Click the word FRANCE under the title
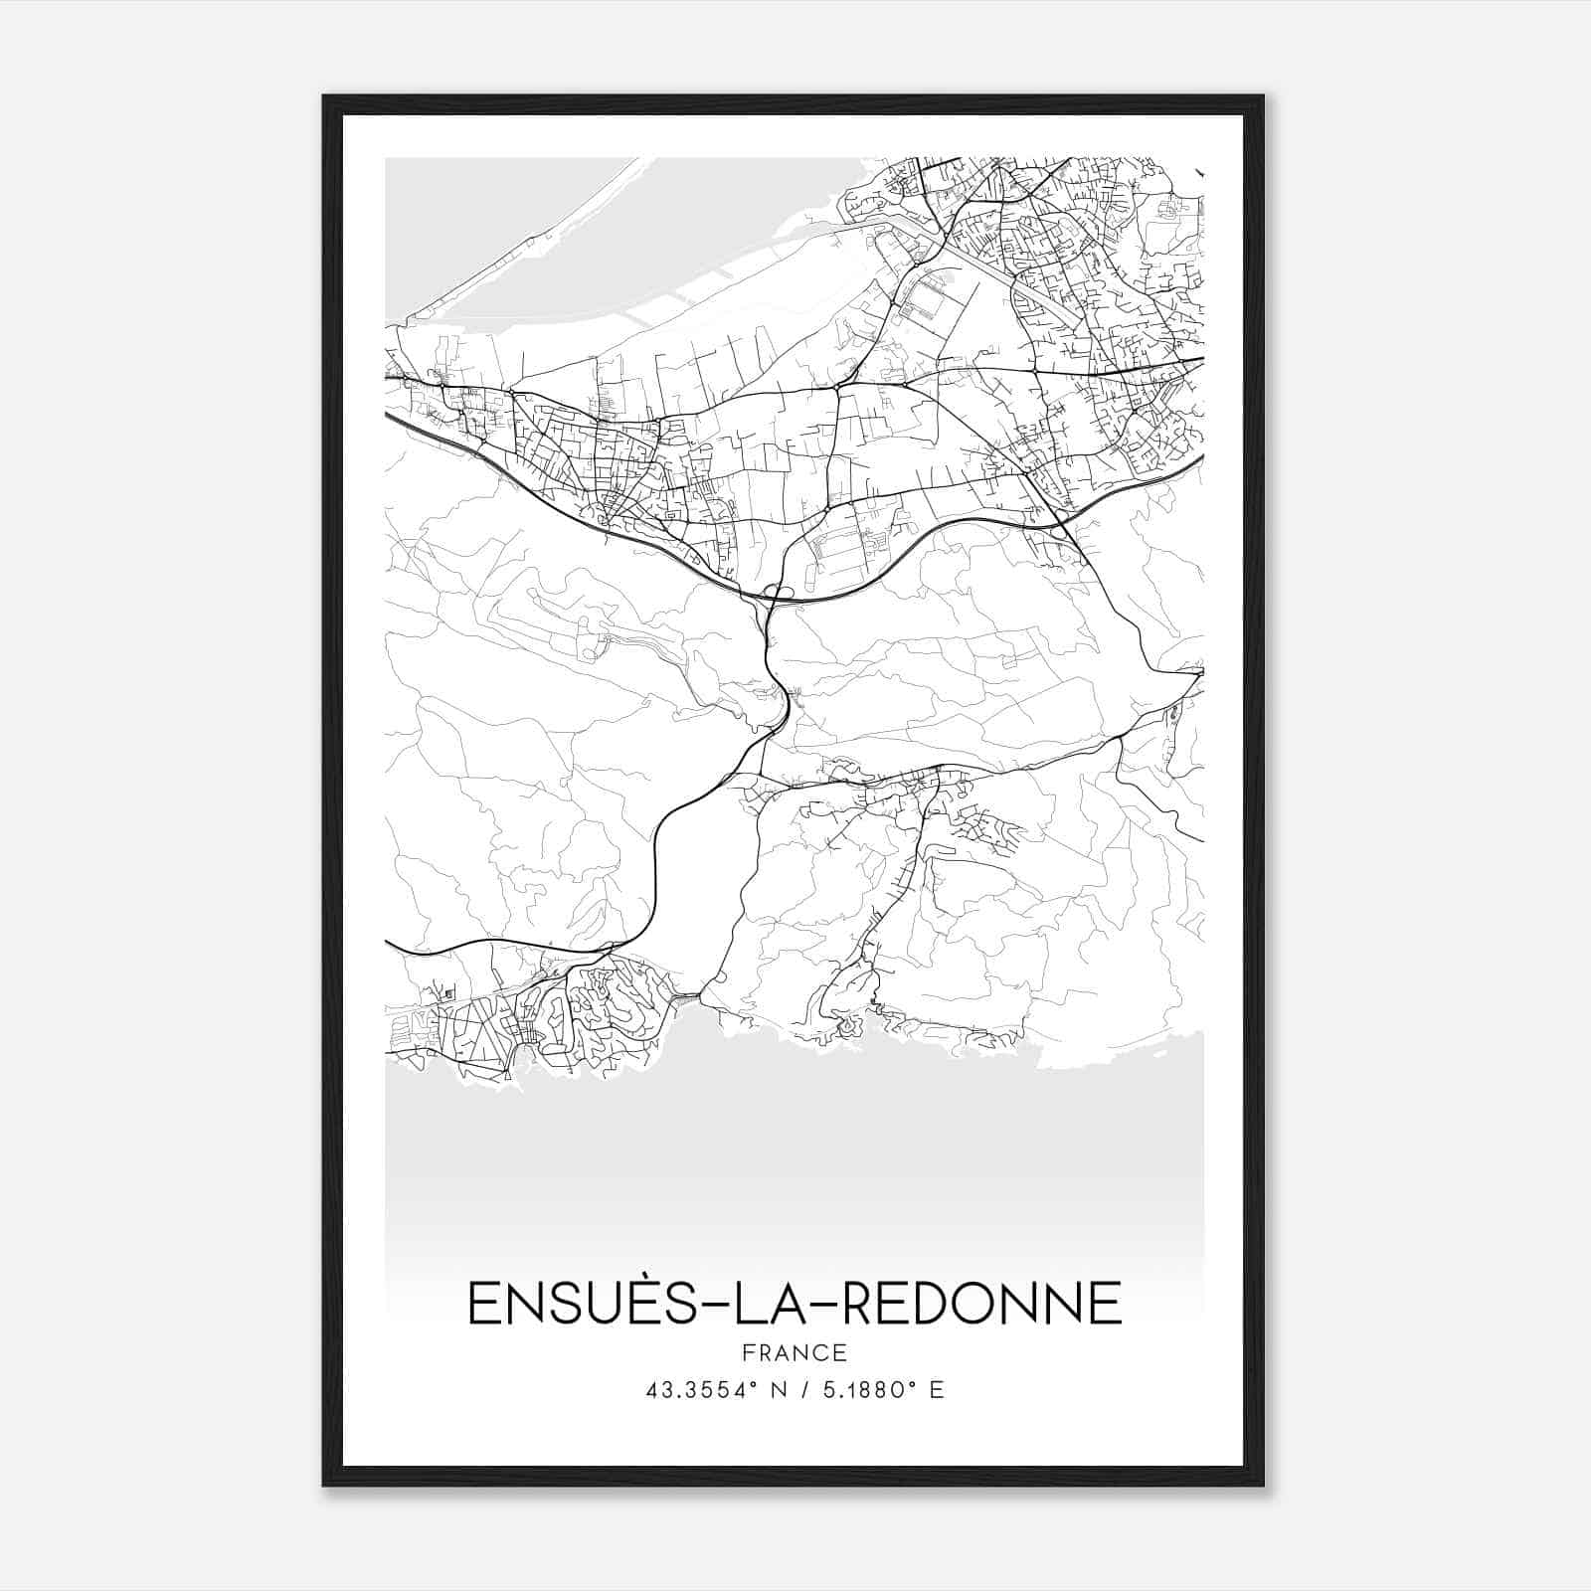(x=795, y=1352)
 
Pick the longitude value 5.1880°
(x=864, y=1390)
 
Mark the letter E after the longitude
(x=937, y=1390)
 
